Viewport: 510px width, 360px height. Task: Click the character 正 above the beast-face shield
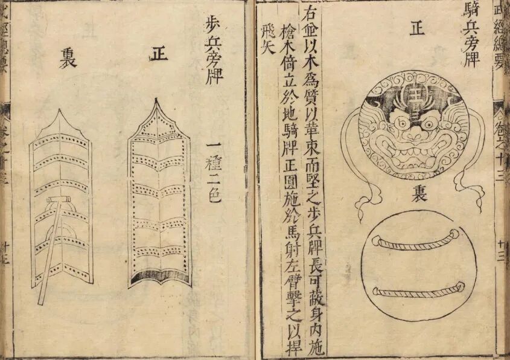(415, 30)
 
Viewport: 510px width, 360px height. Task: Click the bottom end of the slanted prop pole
(41, 301)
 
